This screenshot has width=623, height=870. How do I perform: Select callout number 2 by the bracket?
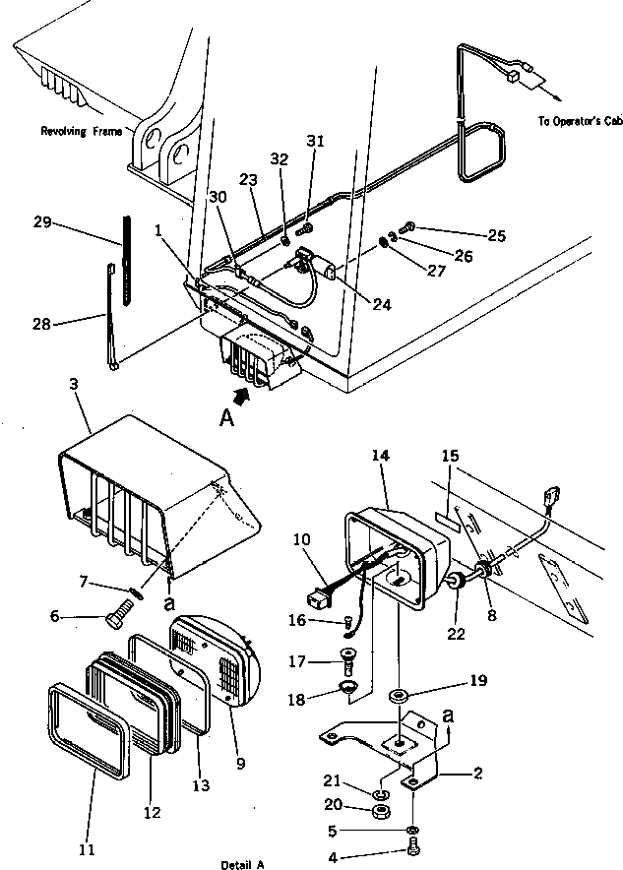click(476, 773)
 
